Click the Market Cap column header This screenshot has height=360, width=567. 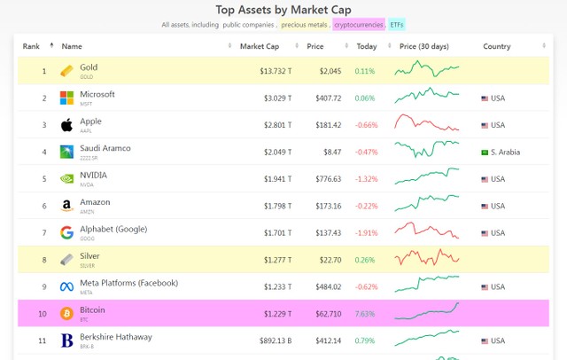tap(260, 45)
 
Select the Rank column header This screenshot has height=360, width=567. tap(32, 45)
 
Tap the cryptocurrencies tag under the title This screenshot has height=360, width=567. tap(359, 25)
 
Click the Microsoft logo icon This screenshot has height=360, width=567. tap(66, 98)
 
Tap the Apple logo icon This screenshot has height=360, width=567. tap(66, 125)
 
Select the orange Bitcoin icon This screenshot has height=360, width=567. tap(66, 313)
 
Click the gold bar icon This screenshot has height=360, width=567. tap(66, 71)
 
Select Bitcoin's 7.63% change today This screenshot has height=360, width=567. tap(365, 314)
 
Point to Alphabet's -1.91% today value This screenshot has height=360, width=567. tap(364, 233)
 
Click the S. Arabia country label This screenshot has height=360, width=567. tap(506, 153)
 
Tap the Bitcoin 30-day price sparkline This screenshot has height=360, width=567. tap(427, 312)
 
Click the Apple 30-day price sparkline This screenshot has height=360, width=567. tap(427, 124)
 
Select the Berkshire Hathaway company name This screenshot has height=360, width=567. tap(115, 337)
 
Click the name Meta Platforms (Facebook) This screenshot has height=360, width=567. tap(128, 283)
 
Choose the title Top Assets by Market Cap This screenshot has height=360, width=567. tap(283, 9)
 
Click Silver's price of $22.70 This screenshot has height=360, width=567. tap(323, 260)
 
